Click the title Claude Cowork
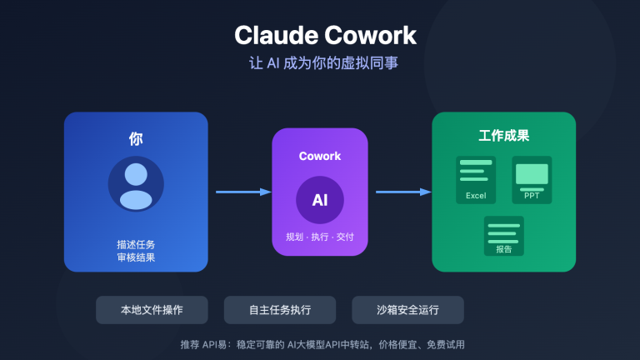click(x=325, y=36)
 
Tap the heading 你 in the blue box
click(x=136, y=138)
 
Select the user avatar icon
click(x=136, y=184)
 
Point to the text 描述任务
click(x=136, y=245)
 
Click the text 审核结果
click(x=136, y=257)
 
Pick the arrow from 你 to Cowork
click(x=243, y=192)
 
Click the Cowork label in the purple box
click(x=320, y=156)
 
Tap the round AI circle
click(x=320, y=200)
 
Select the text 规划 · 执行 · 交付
click(x=320, y=237)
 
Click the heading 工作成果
click(x=503, y=136)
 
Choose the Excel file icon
click(x=476, y=180)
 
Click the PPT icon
click(x=532, y=180)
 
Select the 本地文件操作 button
click(x=152, y=310)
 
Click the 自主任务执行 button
click(x=280, y=310)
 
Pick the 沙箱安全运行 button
click(x=407, y=310)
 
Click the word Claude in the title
click(x=271, y=36)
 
